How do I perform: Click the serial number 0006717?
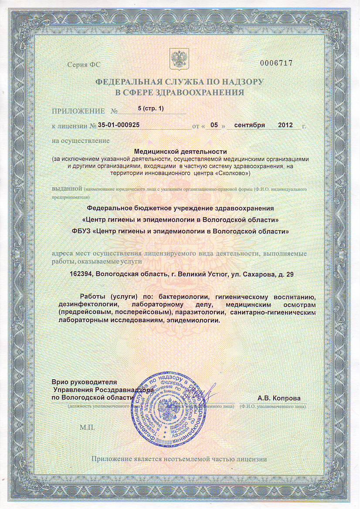(x=276, y=63)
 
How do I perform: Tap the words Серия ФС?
(x=84, y=65)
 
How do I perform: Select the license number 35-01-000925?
(x=119, y=125)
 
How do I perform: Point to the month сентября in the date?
(x=249, y=125)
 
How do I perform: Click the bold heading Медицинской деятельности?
(x=180, y=152)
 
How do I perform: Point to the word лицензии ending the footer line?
(x=251, y=459)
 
